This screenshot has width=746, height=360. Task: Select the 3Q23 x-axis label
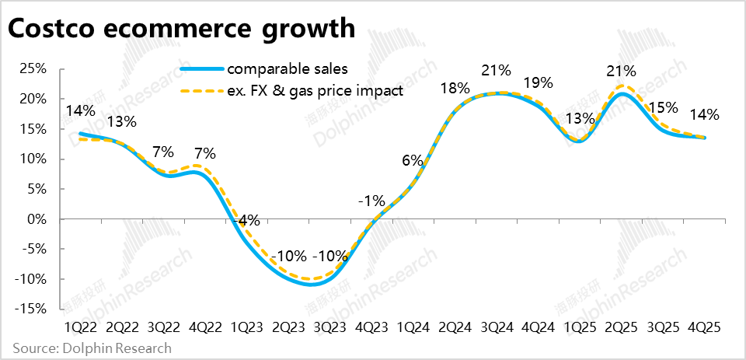(x=330, y=327)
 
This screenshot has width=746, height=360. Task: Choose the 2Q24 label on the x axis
(x=455, y=327)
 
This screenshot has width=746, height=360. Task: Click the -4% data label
(x=247, y=220)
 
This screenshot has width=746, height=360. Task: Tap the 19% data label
(x=538, y=83)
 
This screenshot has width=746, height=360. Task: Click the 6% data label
(x=413, y=161)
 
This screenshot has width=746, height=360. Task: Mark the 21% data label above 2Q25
(x=621, y=72)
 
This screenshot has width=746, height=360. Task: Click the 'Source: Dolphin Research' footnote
(x=91, y=348)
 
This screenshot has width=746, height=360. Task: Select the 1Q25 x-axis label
(x=580, y=327)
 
